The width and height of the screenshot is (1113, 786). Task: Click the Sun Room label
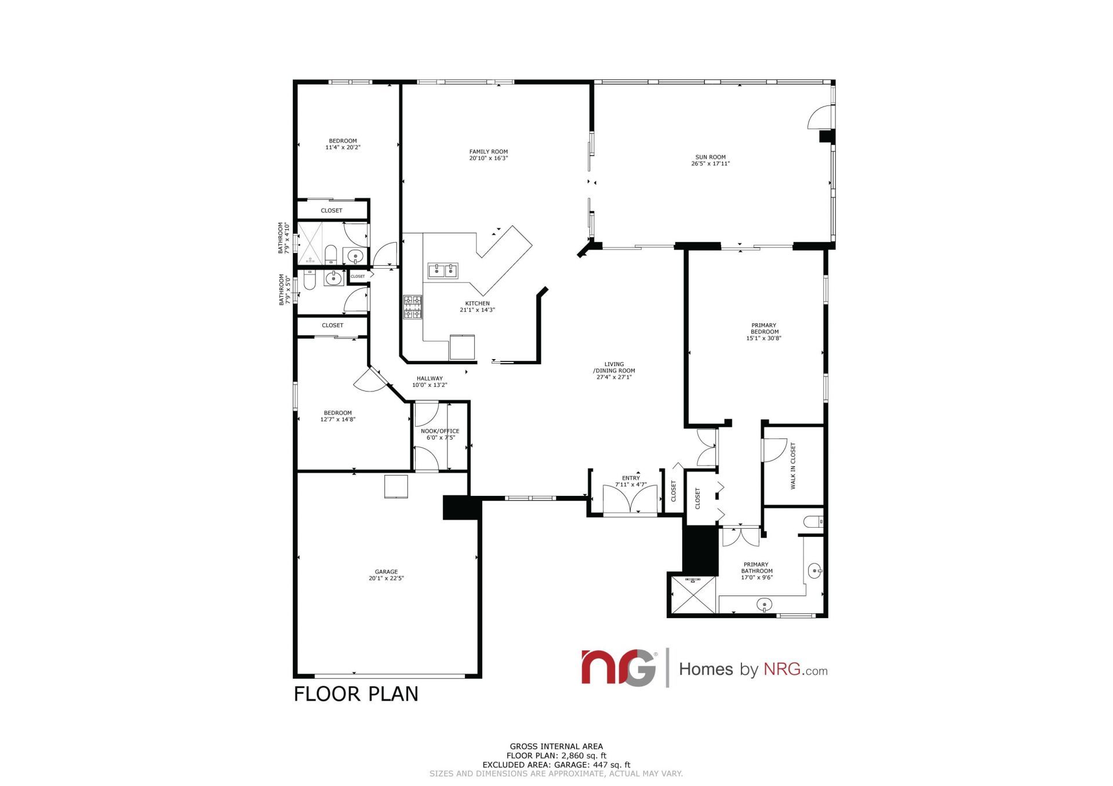[710, 157]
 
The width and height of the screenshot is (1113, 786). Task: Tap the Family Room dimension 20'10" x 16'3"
[488, 158]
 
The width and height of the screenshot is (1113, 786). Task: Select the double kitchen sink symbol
[443, 270]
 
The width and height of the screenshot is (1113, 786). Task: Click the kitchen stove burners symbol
[413, 307]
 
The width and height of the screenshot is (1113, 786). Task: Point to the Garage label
[386, 572]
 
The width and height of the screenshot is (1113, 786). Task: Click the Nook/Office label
[439, 431]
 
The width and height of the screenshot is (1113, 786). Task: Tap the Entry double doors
[630, 499]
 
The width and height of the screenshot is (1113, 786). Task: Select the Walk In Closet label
[793, 466]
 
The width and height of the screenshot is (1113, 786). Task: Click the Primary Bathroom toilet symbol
[813, 522]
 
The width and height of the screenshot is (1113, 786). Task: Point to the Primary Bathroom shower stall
[693, 595]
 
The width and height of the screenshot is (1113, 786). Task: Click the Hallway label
[430, 378]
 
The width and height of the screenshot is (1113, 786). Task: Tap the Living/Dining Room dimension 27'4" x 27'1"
[614, 377]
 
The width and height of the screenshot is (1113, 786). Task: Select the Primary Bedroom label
[763, 328]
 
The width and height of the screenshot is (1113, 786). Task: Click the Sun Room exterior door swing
[819, 118]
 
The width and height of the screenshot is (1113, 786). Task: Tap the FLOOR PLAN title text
[356, 694]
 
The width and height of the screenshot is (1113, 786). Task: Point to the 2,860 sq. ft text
[582, 755]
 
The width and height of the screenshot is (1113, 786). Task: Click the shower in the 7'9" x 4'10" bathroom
[310, 243]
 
